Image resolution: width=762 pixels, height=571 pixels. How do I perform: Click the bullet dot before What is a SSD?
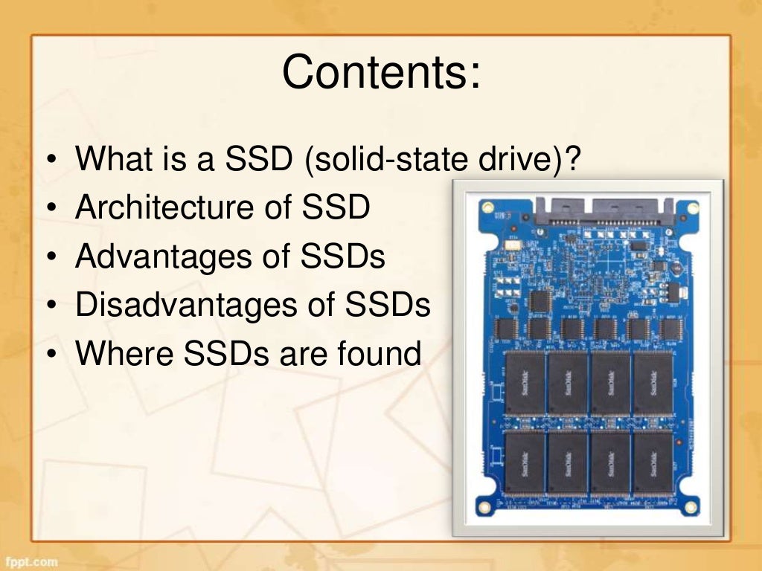coord(49,161)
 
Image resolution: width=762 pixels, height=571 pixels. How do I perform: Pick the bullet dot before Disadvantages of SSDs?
coord(49,307)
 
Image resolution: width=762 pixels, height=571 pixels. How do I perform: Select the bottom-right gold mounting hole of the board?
coord(693,506)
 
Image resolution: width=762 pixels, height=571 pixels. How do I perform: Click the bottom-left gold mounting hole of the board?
coord(484,506)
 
